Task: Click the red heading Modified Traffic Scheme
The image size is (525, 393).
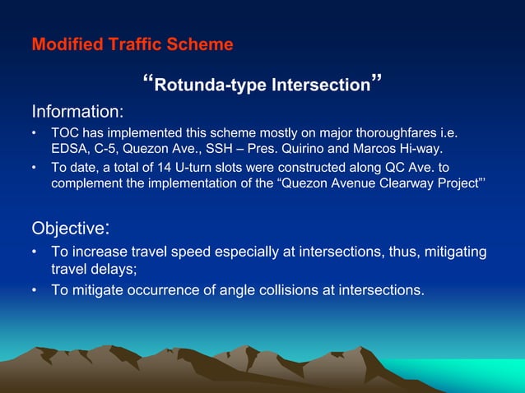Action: [x=132, y=44]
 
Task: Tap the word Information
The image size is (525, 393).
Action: [x=77, y=111]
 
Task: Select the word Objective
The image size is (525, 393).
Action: [x=68, y=227]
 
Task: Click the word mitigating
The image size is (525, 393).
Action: [x=453, y=252]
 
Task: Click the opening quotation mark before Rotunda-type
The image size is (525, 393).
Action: [x=148, y=81]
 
